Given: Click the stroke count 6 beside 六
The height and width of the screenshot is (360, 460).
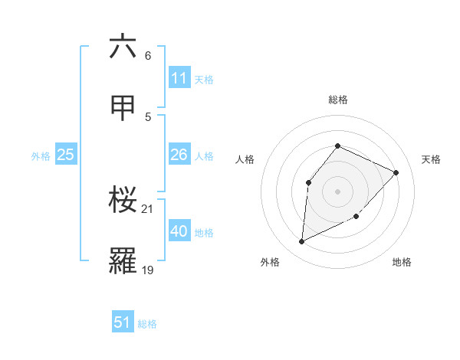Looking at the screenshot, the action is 147,55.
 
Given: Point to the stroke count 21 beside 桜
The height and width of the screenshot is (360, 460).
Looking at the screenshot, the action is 148,208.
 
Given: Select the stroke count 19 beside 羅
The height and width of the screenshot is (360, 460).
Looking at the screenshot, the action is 148,270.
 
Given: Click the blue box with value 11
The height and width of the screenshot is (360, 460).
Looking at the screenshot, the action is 179,78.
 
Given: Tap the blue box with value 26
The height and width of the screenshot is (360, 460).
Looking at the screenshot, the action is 179,155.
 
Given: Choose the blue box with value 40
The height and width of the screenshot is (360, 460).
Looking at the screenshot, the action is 179,231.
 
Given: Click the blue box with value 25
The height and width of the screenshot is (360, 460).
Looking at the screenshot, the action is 65,155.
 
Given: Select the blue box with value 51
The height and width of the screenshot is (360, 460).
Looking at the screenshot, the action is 123,322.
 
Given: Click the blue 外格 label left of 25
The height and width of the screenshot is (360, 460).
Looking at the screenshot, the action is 41,155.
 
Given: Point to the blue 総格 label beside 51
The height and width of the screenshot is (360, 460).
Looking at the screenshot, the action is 147,324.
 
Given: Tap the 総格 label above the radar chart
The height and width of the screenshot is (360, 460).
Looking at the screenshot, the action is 337,100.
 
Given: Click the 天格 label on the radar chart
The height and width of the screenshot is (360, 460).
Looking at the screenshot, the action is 431,159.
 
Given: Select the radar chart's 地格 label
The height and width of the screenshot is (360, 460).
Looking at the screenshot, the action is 402,262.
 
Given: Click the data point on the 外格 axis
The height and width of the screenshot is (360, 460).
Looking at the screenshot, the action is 301,242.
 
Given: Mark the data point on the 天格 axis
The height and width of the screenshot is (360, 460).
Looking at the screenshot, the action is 396,172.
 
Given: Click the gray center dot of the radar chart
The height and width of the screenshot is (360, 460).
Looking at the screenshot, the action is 337,191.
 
